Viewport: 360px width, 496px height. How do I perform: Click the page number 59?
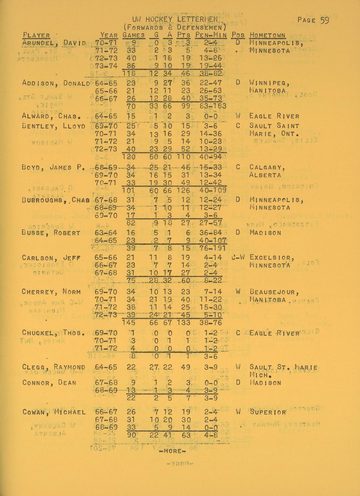[324, 20]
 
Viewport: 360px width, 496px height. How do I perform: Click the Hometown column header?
[267, 35]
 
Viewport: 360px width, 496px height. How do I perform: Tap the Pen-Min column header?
[211, 35]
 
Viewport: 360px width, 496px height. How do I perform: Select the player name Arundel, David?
[54, 43]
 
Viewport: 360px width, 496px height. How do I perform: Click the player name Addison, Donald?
[56, 83]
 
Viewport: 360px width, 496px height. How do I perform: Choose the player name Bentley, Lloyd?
[54, 126]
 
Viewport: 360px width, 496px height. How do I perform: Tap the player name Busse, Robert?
[51, 233]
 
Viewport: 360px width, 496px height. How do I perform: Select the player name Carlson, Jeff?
[51, 258]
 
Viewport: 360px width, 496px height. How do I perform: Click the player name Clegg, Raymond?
[54, 367]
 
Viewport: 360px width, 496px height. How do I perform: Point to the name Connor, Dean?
[49, 382]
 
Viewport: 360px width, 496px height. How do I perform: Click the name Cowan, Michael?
[54, 412]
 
